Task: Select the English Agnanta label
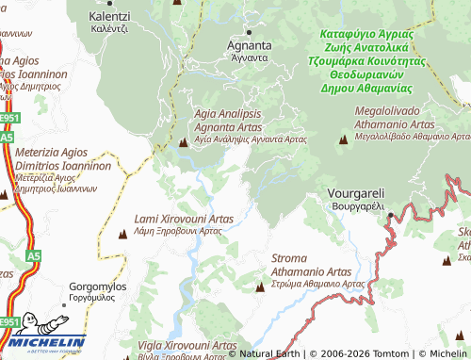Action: point(250,44)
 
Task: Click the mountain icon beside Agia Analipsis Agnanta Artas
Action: point(183,142)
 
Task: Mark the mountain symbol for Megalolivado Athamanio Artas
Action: point(343,141)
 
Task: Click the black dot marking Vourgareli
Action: point(389,216)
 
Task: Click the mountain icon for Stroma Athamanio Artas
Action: point(260,285)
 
